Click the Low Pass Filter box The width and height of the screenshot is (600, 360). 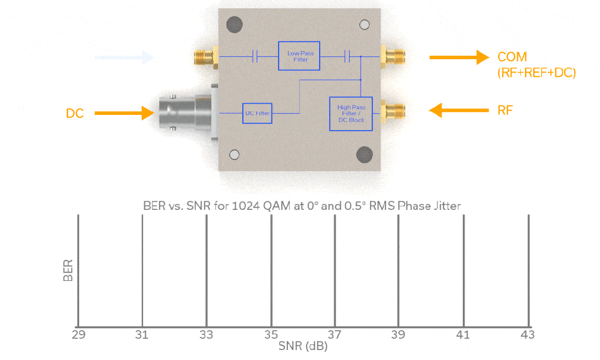[300, 56]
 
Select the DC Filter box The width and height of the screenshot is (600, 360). [257, 113]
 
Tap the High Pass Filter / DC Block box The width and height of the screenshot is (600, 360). [351, 114]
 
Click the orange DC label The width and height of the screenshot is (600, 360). [74, 114]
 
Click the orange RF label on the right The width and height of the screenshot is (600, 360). [504, 110]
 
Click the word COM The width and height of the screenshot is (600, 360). [512, 57]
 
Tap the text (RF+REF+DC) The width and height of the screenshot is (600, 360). [536, 73]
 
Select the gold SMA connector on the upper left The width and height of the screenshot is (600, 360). [204, 57]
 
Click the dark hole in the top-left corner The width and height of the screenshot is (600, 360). [235, 25]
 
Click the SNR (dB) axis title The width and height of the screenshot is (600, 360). [303, 347]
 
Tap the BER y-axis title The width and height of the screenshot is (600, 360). [68, 271]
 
